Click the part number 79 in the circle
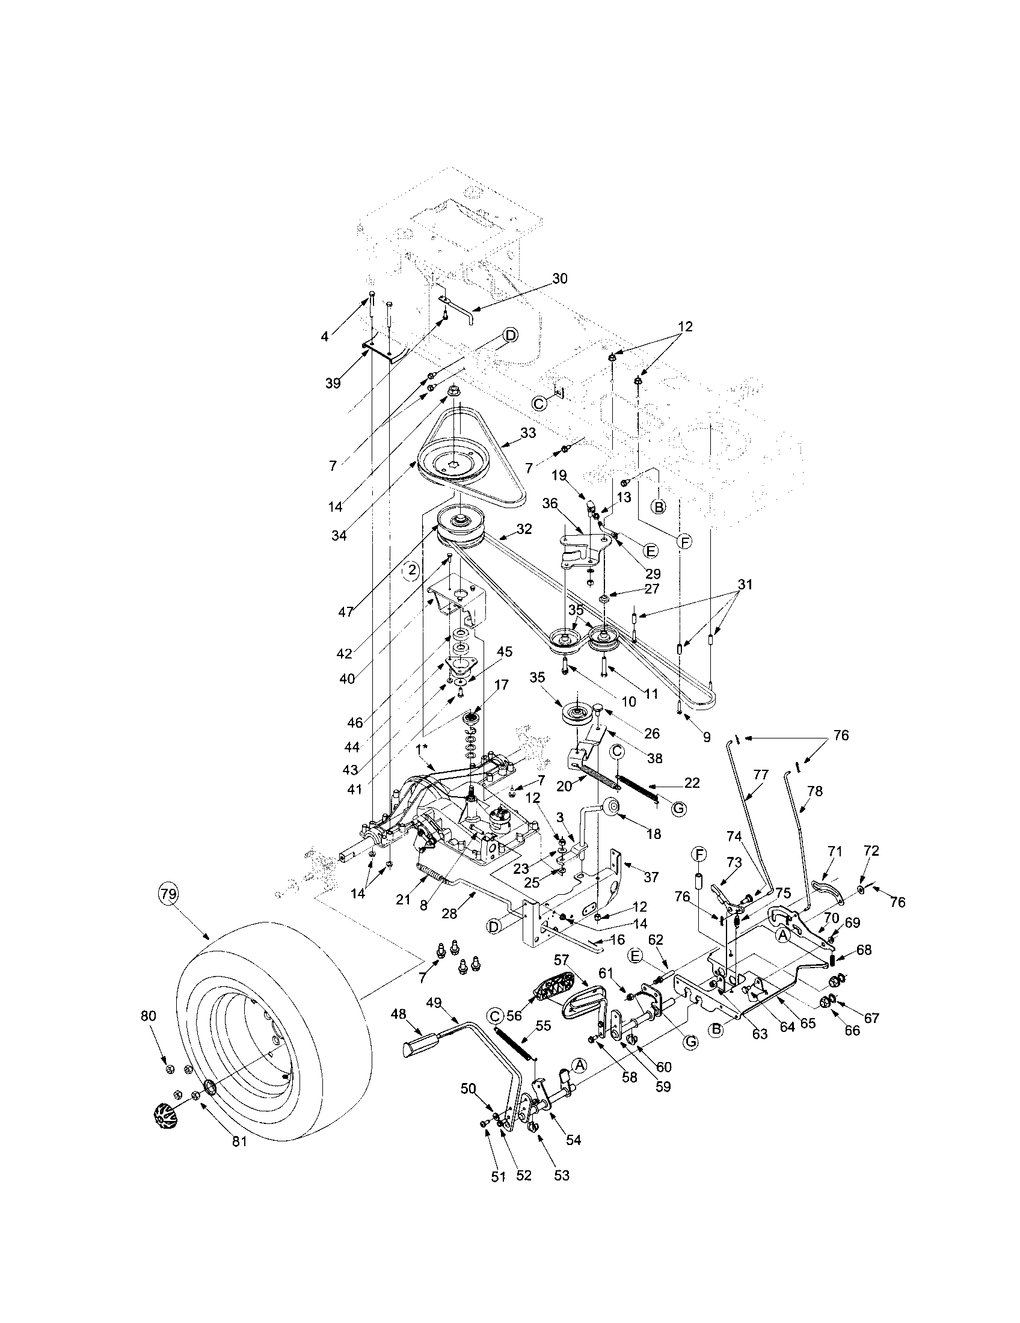click(x=168, y=893)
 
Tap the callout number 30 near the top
click(x=560, y=278)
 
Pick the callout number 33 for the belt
click(x=527, y=433)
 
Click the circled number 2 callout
click(x=413, y=570)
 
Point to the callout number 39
click(x=333, y=383)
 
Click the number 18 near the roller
click(x=653, y=834)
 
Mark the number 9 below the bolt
click(x=707, y=737)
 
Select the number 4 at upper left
click(x=325, y=336)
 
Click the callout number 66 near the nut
click(x=852, y=1030)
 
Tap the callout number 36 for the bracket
click(x=549, y=503)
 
